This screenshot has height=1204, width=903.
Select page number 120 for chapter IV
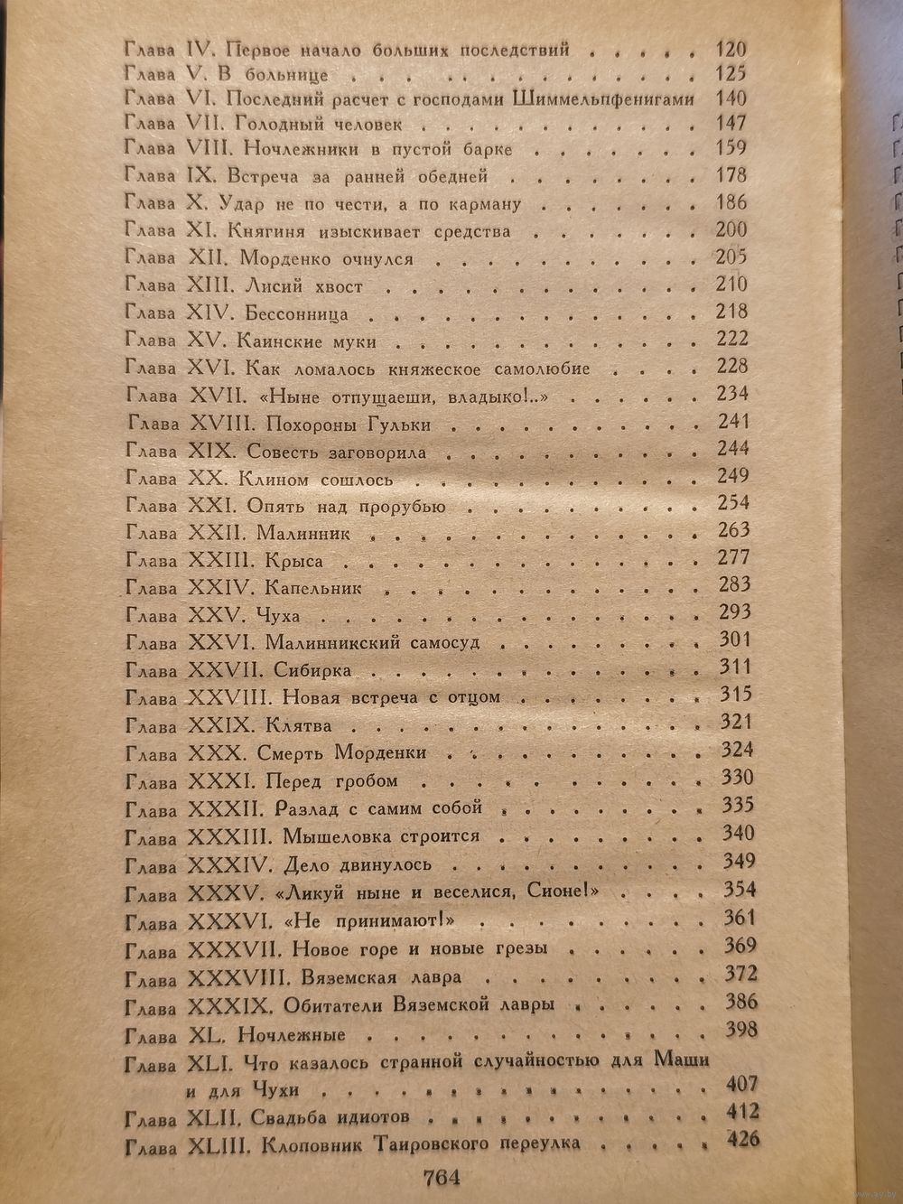[731, 49]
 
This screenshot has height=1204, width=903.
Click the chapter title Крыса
[293, 561]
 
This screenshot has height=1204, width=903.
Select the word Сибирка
[313, 670]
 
